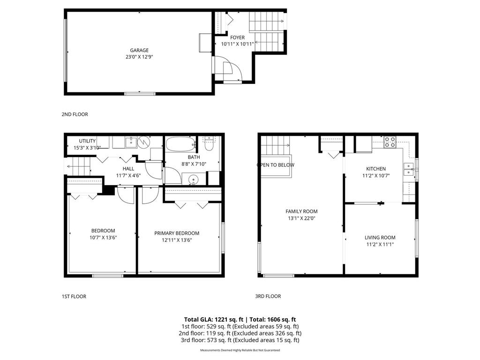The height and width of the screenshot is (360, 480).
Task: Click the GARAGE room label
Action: [139, 50]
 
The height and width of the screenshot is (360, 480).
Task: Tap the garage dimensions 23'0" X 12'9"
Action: [139, 57]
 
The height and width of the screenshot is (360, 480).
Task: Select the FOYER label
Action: [237, 37]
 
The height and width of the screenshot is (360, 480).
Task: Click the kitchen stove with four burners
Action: [390, 142]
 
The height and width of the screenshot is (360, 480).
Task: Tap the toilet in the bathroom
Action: [209, 142]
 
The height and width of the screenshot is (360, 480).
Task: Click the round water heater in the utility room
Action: [144, 142]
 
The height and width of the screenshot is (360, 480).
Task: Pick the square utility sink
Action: [130, 142]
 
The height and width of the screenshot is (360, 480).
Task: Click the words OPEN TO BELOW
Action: [276, 165]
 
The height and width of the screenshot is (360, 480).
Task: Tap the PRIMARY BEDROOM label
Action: [177, 233]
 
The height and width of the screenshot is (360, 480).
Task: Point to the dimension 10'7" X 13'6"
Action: [103, 237]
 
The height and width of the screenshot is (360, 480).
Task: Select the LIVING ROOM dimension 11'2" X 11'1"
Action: [380, 244]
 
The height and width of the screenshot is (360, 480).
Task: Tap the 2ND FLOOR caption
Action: [75, 114]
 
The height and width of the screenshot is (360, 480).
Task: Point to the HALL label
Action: [128, 169]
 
